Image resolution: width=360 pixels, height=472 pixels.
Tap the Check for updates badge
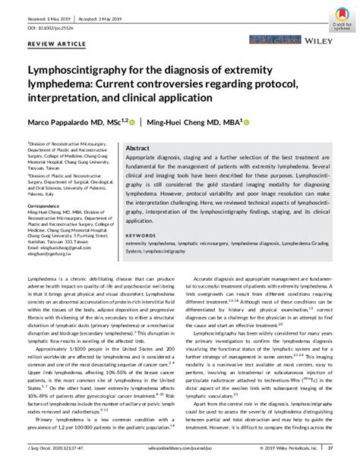point(339,14)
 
